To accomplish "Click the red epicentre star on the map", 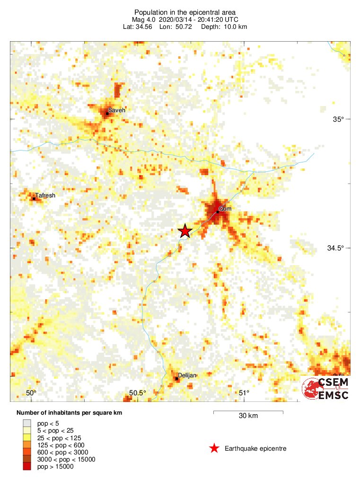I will click(x=184, y=231).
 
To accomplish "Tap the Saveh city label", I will click(x=117, y=110).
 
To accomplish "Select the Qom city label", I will click(x=226, y=209).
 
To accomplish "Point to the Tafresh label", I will click(x=45, y=195).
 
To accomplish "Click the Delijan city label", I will click(x=187, y=375).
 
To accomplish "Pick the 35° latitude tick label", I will click(x=337, y=119).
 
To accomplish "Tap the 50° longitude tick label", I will click(x=31, y=393).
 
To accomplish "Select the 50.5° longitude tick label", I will click(x=138, y=393).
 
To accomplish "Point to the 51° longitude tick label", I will click(x=244, y=393).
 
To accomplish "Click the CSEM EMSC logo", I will click(x=325, y=388).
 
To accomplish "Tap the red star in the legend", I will click(x=214, y=448).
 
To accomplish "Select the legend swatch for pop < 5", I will click(x=27, y=423).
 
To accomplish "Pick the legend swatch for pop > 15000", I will click(x=27, y=467).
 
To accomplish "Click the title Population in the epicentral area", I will click(x=185, y=12).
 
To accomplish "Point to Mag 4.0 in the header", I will click(x=144, y=19).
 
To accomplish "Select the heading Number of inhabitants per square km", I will click(x=70, y=413).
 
